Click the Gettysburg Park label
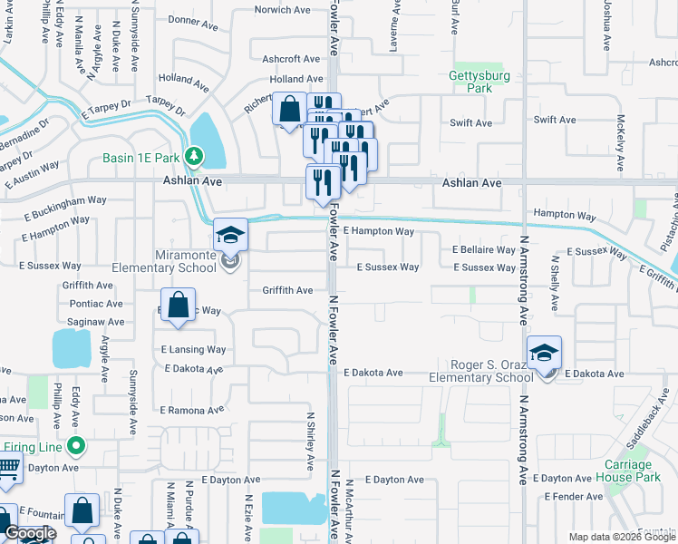(x=479, y=83)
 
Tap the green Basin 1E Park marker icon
(x=192, y=158)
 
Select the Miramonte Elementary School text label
(x=165, y=261)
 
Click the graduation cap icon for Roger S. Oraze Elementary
(x=544, y=353)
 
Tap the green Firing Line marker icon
(x=77, y=446)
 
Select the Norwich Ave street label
(x=282, y=10)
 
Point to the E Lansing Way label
(x=193, y=349)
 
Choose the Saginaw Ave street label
(x=93, y=322)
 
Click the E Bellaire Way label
(x=483, y=249)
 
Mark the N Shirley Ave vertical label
(x=309, y=440)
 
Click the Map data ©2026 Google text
(x=621, y=537)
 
